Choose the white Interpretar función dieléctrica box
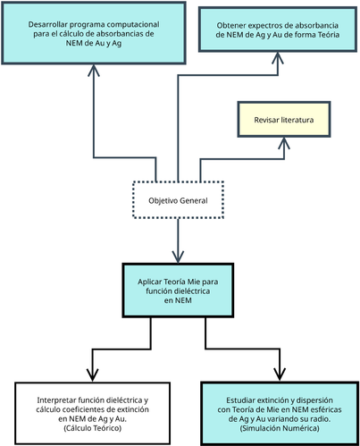tap(92, 411)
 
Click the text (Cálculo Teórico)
tap(92, 430)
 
